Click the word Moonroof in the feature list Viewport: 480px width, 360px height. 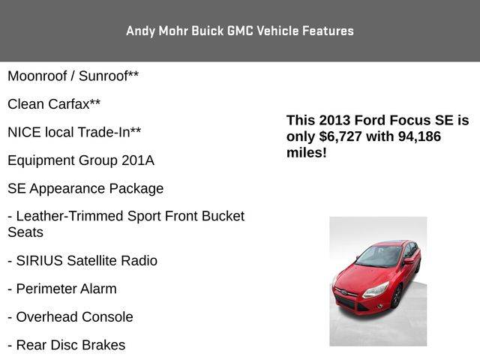[37, 76]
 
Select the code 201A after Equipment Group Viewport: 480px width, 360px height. [138, 160]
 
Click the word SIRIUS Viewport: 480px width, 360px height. [40, 261]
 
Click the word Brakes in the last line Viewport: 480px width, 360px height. [103, 345]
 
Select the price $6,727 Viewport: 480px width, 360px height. [340, 136]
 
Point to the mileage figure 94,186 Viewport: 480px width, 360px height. [419, 136]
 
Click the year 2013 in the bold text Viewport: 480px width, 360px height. [334, 120]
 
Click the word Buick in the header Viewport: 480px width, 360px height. [208, 31]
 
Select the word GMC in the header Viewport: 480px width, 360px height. [240, 31]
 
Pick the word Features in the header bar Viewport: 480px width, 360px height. [328, 31]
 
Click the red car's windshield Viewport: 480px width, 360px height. [379, 256]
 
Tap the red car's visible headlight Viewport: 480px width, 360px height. [376, 289]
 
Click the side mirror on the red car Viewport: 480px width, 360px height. [408, 262]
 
